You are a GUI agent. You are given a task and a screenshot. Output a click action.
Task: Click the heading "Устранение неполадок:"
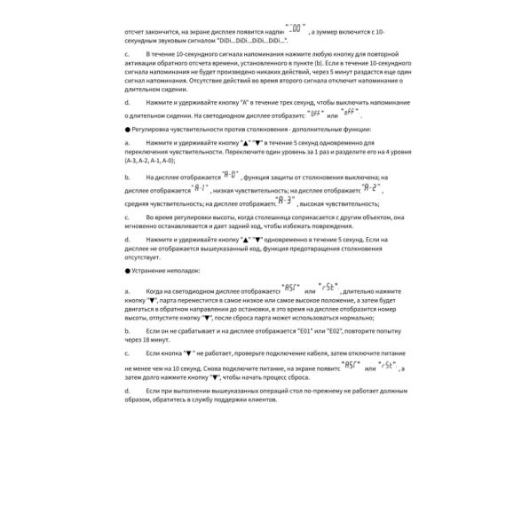tap(166, 270)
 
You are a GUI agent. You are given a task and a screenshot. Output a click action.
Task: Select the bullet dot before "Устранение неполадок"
tap(128, 270)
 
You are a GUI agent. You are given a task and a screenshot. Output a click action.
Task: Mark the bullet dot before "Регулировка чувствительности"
tap(128, 129)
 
